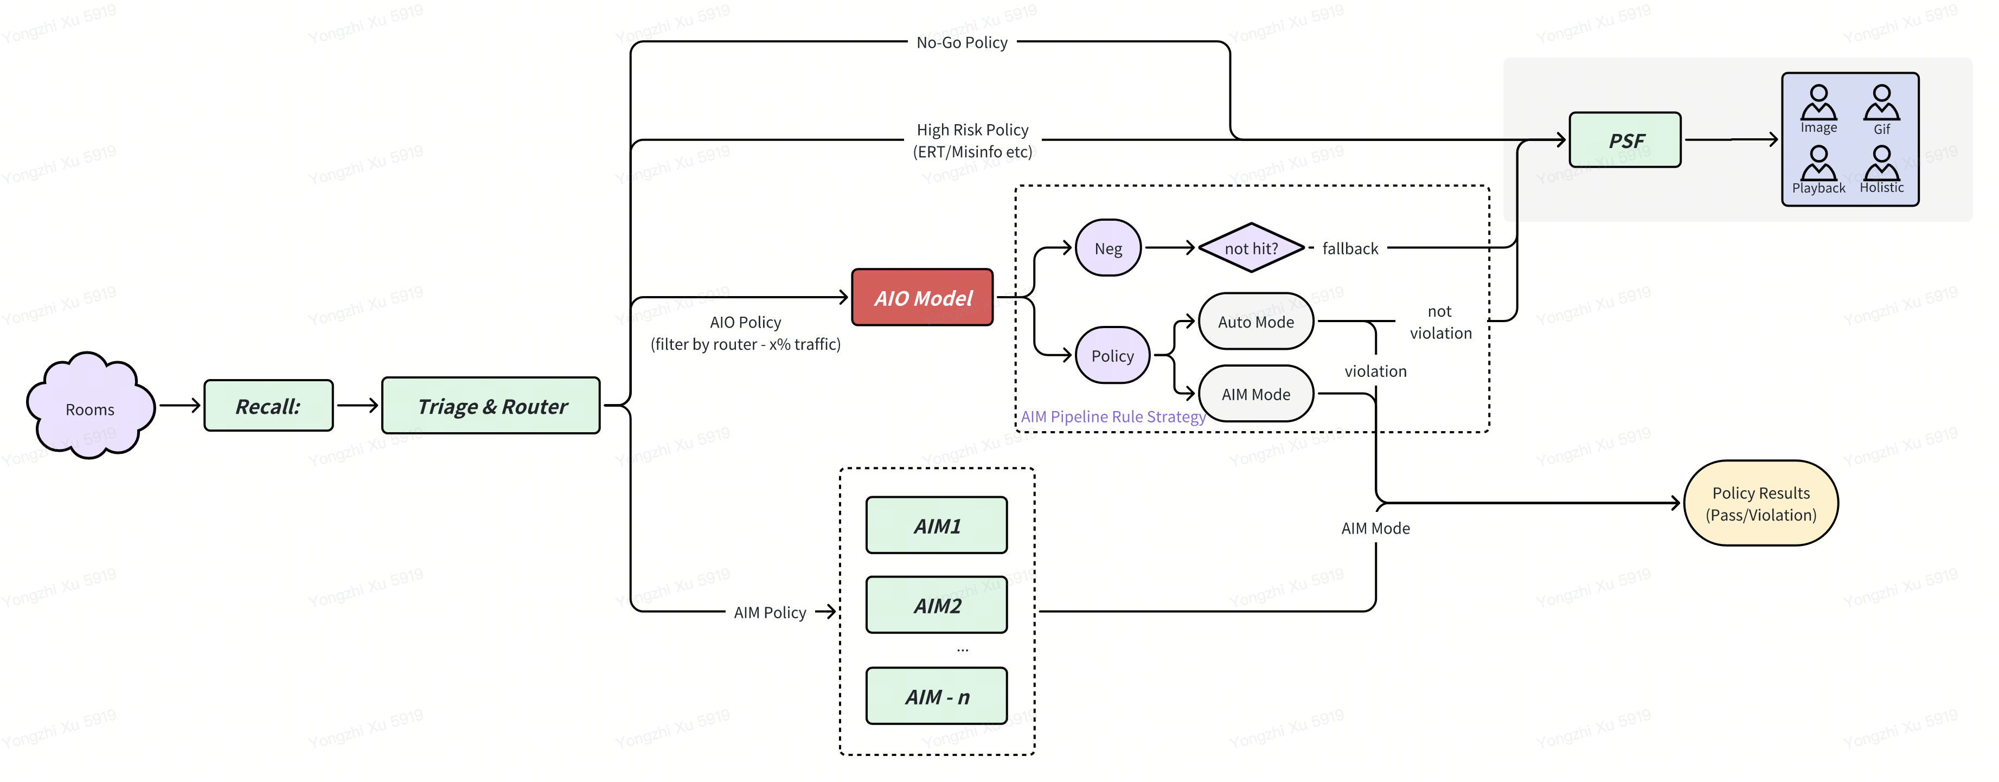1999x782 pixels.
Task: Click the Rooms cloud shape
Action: click(x=90, y=407)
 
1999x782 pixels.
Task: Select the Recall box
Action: click(x=268, y=406)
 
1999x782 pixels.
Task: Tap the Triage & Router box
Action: click(x=491, y=406)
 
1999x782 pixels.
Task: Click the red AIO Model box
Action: click(x=922, y=298)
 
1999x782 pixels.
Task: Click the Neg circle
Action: click(x=1108, y=248)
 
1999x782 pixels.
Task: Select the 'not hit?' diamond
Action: click(x=1251, y=248)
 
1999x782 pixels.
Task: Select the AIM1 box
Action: click(x=937, y=526)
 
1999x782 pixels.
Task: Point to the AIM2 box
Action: click(x=937, y=605)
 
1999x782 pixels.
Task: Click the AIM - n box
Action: click(x=937, y=697)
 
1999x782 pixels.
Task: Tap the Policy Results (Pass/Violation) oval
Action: click(x=1761, y=503)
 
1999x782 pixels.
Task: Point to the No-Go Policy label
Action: click(x=962, y=43)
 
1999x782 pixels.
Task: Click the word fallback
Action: click(x=1350, y=248)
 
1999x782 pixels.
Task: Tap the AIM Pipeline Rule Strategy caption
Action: click(x=1113, y=416)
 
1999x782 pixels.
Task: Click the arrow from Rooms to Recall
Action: click(x=180, y=405)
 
